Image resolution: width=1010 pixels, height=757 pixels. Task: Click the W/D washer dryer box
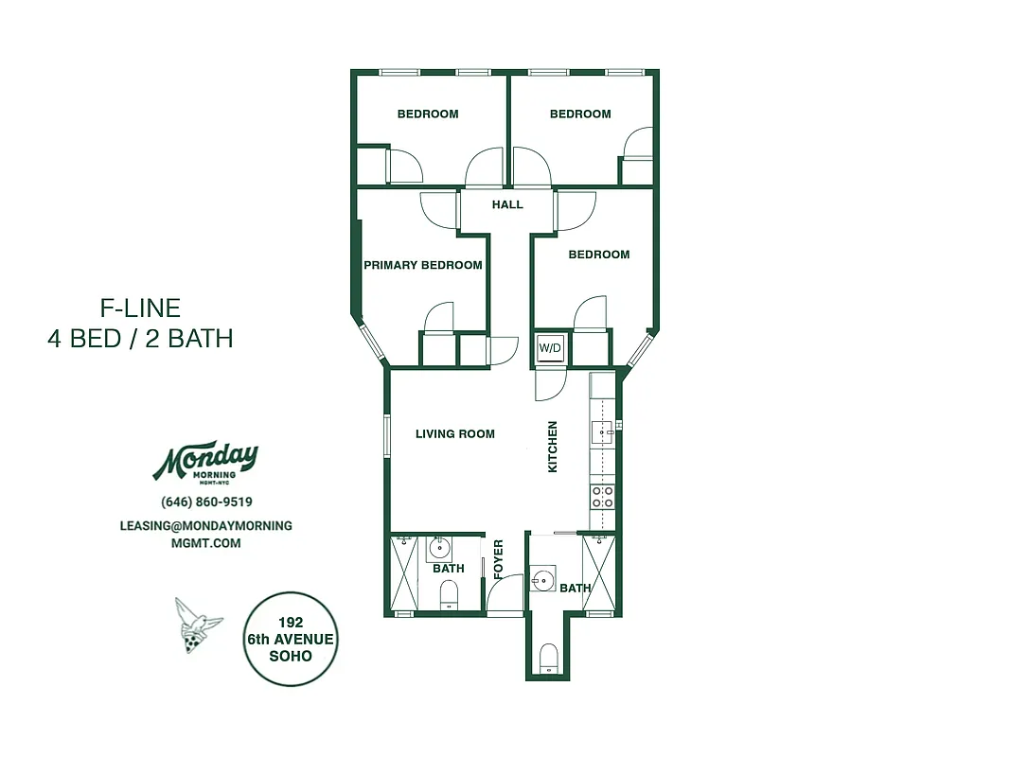coord(550,348)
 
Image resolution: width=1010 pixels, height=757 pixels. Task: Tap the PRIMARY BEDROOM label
coord(423,265)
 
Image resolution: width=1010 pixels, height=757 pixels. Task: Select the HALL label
coord(507,204)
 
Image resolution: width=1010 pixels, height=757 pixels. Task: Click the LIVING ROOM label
coord(455,434)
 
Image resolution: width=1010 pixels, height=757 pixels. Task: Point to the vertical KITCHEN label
coord(553,447)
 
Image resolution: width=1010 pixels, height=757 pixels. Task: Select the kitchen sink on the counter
coord(602,433)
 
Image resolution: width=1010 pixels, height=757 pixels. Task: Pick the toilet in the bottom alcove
coord(548,657)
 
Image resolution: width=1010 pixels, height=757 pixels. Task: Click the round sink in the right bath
coord(542,579)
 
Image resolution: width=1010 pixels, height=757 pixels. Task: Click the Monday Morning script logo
coord(205,462)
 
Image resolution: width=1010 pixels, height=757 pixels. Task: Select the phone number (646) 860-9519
coord(206,502)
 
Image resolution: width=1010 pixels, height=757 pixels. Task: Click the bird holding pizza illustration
coord(197,626)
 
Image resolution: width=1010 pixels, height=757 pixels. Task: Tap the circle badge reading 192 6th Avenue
coord(291,639)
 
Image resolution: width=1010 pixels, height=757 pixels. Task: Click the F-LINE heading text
coord(140,308)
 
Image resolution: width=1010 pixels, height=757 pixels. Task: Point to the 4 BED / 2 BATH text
coord(140,339)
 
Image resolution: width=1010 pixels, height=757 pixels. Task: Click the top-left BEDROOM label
coord(428,114)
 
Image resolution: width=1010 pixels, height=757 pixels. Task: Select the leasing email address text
coord(206,534)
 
